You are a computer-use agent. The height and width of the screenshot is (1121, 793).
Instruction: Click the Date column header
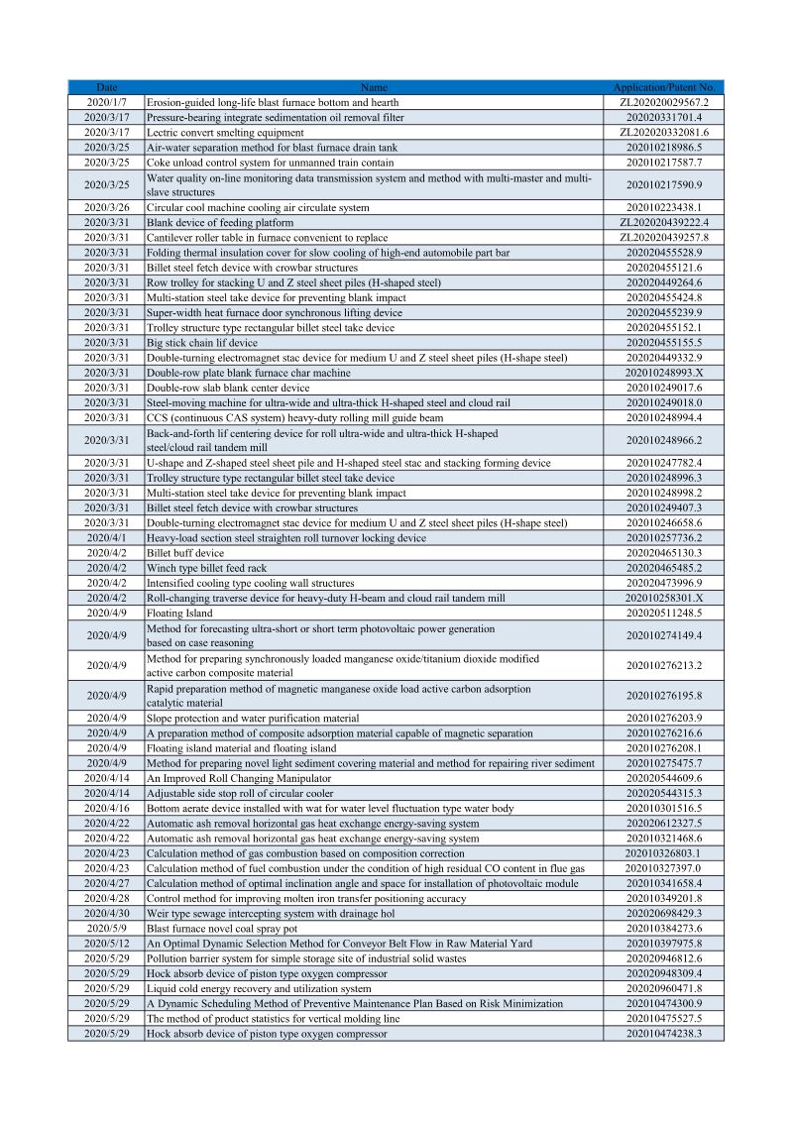pyautogui.click(x=106, y=87)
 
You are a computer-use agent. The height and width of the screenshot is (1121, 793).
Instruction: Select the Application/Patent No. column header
pyautogui.click(x=663, y=87)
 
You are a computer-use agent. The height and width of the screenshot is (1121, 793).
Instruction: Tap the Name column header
pyautogui.click(x=374, y=87)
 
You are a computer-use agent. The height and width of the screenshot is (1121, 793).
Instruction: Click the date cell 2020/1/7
pyautogui.click(x=106, y=102)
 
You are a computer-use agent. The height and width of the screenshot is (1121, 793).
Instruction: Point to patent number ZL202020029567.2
pyautogui.click(x=663, y=102)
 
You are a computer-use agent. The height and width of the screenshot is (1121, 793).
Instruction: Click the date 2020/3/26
pyautogui.click(x=106, y=208)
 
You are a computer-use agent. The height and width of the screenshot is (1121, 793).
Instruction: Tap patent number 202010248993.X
pyautogui.click(x=663, y=372)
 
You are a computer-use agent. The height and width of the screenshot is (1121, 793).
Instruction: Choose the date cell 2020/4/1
pyautogui.click(x=106, y=538)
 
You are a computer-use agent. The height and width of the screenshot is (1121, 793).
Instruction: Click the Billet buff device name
pyautogui.click(x=185, y=553)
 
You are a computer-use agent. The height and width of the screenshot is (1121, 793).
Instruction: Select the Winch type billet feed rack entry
pyautogui.click(x=206, y=568)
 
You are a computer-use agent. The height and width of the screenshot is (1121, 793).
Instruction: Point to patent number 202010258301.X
pyautogui.click(x=663, y=599)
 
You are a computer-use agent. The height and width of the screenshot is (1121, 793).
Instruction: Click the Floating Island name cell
pyautogui.click(x=179, y=614)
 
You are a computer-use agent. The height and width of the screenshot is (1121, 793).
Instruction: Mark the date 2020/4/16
pyautogui.click(x=106, y=809)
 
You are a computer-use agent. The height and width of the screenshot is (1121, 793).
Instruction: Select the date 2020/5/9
pyautogui.click(x=106, y=929)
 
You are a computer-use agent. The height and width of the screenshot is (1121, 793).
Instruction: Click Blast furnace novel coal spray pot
pyautogui.click(x=221, y=929)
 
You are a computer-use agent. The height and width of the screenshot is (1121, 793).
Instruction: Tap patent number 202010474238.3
pyautogui.click(x=663, y=1034)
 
